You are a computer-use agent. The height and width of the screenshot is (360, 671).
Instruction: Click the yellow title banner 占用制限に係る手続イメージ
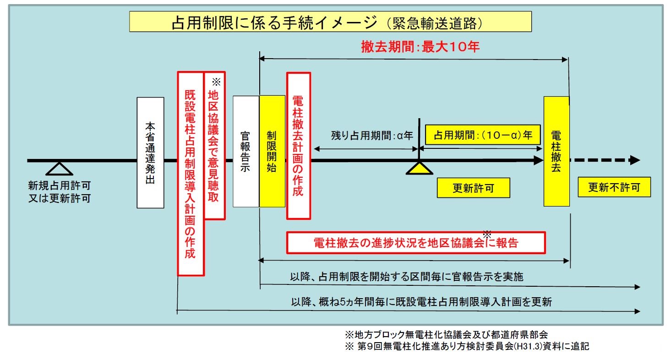(330, 22)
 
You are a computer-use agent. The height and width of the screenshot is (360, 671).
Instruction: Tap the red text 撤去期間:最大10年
(420, 47)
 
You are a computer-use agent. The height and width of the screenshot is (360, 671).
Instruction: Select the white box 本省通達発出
(150, 153)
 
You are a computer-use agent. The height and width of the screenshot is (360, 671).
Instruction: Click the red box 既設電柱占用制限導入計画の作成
(191, 174)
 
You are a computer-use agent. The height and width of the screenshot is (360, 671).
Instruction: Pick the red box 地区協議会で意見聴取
(214, 146)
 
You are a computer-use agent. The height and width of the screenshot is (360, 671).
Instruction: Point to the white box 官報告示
(246, 152)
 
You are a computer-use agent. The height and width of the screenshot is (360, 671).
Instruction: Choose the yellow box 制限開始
(272, 152)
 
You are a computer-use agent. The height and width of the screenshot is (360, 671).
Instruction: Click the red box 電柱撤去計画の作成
(298, 146)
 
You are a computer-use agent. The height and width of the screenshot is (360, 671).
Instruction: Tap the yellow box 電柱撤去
(556, 152)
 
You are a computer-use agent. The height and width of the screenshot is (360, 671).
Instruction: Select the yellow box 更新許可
(473, 188)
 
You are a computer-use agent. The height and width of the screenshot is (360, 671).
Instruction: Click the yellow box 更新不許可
(614, 187)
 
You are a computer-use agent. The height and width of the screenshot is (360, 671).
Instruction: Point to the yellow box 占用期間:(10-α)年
(483, 135)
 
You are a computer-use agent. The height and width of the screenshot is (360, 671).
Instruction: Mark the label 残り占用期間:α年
(372, 136)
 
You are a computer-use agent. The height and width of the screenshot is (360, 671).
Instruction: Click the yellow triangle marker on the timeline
(420, 169)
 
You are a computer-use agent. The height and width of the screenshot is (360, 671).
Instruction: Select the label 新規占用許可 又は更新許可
(59, 192)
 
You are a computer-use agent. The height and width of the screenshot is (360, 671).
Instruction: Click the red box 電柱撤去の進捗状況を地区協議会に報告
(416, 243)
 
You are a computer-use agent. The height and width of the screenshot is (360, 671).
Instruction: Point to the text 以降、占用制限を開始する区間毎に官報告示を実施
(407, 277)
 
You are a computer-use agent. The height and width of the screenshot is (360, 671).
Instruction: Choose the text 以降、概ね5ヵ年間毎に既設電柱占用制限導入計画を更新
(421, 302)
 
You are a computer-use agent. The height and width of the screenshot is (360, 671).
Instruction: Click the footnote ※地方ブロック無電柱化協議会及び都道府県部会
(446, 334)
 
